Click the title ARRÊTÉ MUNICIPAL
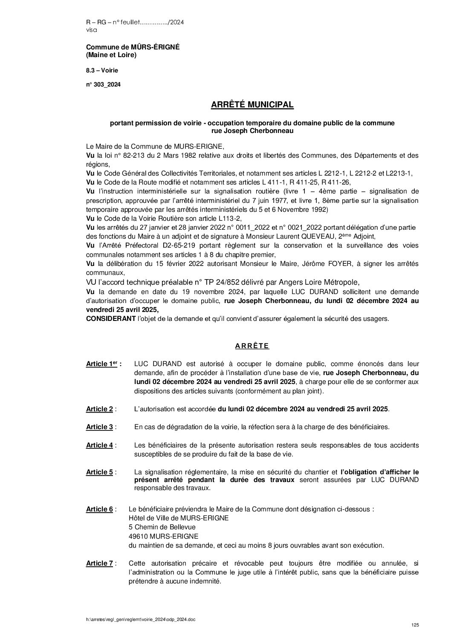[x=252, y=104]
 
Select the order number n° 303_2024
[x=104, y=84]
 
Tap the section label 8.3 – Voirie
[x=102, y=70]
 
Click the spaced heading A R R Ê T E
[x=252, y=346]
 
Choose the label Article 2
[x=100, y=409]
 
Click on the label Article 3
[x=100, y=427]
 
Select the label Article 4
[x=100, y=445]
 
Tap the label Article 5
[x=100, y=472]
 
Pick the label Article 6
[x=100, y=509]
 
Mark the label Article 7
[x=100, y=563]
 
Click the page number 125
[x=415, y=625]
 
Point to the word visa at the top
[x=91, y=30]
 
